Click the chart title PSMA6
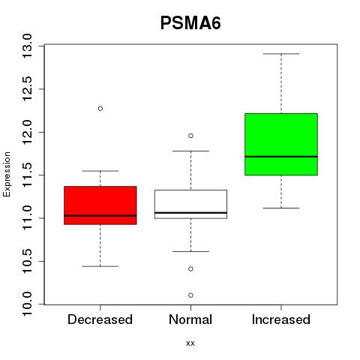pyautogui.click(x=190, y=23)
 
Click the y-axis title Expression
pyautogui.click(x=7, y=174)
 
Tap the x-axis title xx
pyautogui.click(x=190, y=343)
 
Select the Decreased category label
pyautogui.click(x=100, y=319)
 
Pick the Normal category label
pyautogui.click(x=190, y=319)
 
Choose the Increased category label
pyautogui.click(x=281, y=319)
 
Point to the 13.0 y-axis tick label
pyautogui.click(x=27, y=46)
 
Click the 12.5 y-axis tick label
pyautogui.click(x=27, y=89)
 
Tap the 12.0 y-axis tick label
pyautogui.click(x=27, y=132)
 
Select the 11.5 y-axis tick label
pyautogui.click(x=27, y=175)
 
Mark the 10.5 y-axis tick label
pyautogui.click(x=27, y=261)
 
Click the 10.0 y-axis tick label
pyautogui.click(x=27, y=304)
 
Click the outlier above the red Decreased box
pyautogui.click(x=100, y=109)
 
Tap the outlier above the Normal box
pyautogui.click(x=190, y=136)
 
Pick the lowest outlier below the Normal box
pyautogui.click(x=190, y=295)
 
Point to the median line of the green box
pyautogui.click(x=281, y=157)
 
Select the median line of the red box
pyautogui.click(x=100, y=215)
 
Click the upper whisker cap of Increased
pyautogui.click(x=281, y=54)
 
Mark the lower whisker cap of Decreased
pyautogui.click(x=100, y=266)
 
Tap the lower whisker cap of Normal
pyautogui.click(x=190, y=251)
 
